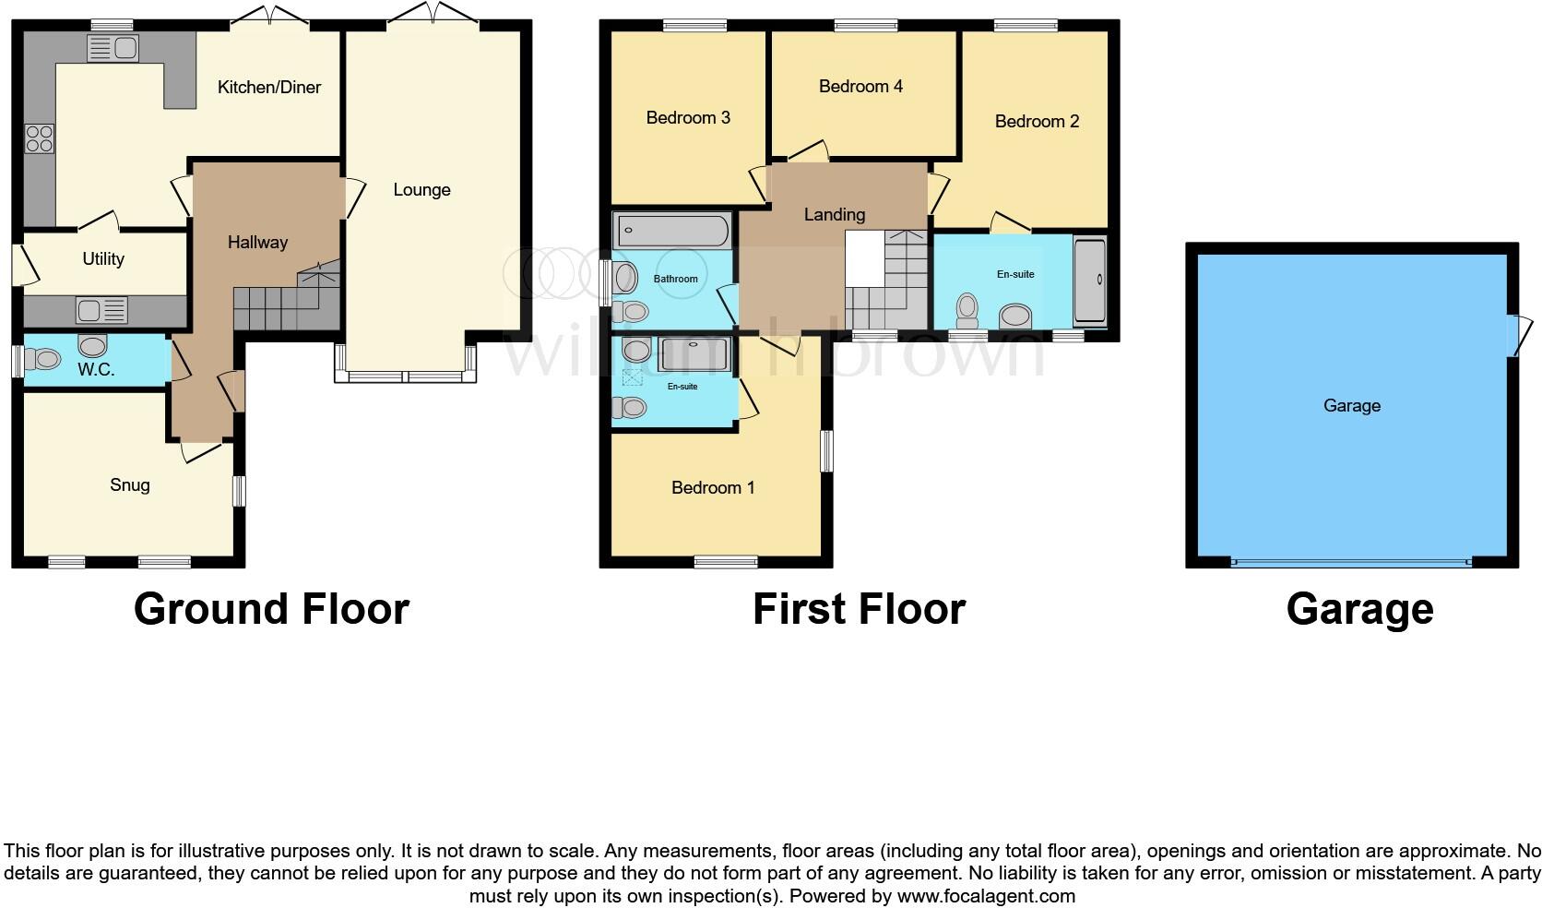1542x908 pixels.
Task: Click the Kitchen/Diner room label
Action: (269, 88)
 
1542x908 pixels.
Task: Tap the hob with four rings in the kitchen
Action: (39, 139)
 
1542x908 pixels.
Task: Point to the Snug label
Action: (129, 485)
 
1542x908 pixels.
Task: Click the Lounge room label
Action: (421, 190)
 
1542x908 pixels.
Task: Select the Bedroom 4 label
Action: (860, 87)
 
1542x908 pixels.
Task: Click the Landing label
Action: (834, 215)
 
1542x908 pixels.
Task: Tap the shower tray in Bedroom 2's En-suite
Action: (1089, 280)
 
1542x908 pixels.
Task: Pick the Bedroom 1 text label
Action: (713, 488)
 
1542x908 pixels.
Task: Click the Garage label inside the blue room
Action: (1351, 406)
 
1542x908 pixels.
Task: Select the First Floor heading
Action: (859, 610)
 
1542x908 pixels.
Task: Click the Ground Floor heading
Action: (271, 610)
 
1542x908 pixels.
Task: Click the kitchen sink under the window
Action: (113, 48)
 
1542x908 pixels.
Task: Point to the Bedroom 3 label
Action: (688, 118)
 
